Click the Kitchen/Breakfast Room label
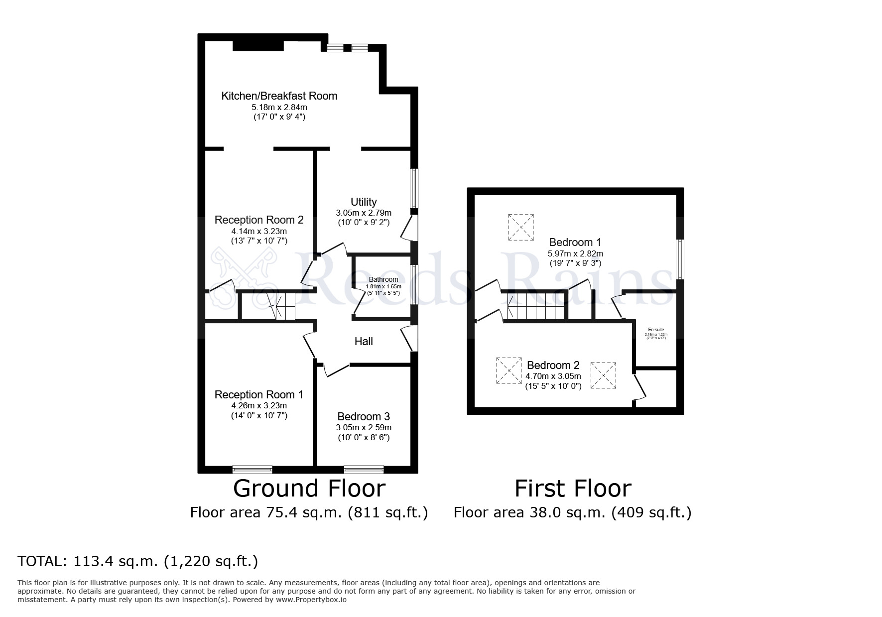tap(279, 96)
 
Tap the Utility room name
tap(364, 202)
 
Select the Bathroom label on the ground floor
tap(383, 279)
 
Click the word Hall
tap(364, 341)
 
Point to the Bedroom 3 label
tap(364, 416)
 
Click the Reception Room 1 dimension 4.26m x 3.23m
tap(258, 405)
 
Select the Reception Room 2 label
tap(258, 220)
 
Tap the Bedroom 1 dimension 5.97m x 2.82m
tap(575, 253)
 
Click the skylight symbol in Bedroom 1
tap(521, 228)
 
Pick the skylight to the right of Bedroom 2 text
tap(603, 375)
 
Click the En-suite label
tap(655, 330)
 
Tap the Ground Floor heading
tap(309, 489)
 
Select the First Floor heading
tap(572, 489)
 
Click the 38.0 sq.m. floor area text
tap(572, 512)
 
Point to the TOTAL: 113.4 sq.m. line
tap(138, 561)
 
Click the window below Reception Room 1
tap(252, 469)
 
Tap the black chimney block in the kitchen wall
tap(258, 45)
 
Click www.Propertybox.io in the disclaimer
tap(311, 600)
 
